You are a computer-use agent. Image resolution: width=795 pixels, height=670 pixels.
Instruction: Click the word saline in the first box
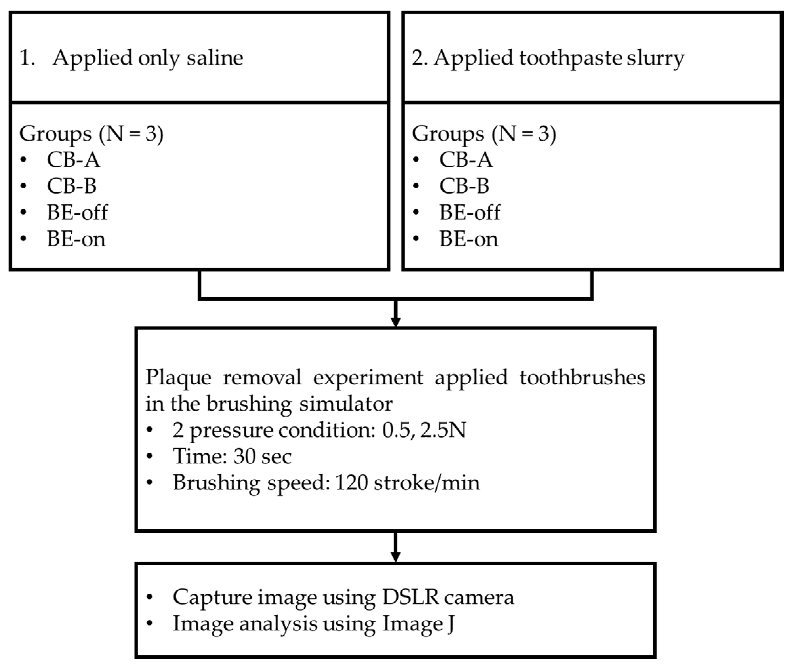click(x=215, y=58)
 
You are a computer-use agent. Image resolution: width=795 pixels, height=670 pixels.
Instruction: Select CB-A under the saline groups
click(x=73, y=160)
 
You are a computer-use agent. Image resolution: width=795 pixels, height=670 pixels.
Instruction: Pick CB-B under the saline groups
click(x=72, y=186)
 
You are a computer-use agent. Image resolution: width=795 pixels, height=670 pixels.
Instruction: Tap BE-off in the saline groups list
click(x=77, y=212)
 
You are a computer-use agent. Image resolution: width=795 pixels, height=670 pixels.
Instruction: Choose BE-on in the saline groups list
click(x=76, y=239)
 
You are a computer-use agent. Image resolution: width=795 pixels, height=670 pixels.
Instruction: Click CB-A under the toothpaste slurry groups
click(x=466, y=160)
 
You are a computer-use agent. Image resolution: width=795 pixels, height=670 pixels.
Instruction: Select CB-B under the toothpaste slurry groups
click(x=464, y=186)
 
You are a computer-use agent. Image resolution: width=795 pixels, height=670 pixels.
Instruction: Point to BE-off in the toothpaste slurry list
click(x=470, y=212)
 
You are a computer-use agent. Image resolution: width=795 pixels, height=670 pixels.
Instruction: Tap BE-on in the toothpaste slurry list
click(x=469, y=239)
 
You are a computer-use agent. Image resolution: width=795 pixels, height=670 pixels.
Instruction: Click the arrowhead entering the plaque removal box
click(x=396, y=321)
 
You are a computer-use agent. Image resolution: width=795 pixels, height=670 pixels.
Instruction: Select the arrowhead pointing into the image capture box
click(x=396, y=557)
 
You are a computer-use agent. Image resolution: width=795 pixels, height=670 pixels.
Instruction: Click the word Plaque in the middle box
click(x=178, y=378)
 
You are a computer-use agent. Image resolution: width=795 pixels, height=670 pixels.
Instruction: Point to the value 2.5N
click(x=443, y=430)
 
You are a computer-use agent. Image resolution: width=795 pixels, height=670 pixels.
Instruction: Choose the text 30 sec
click(x=262, y=456)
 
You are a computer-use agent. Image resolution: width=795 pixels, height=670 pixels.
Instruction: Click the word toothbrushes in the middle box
click(x=582, y=378)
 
